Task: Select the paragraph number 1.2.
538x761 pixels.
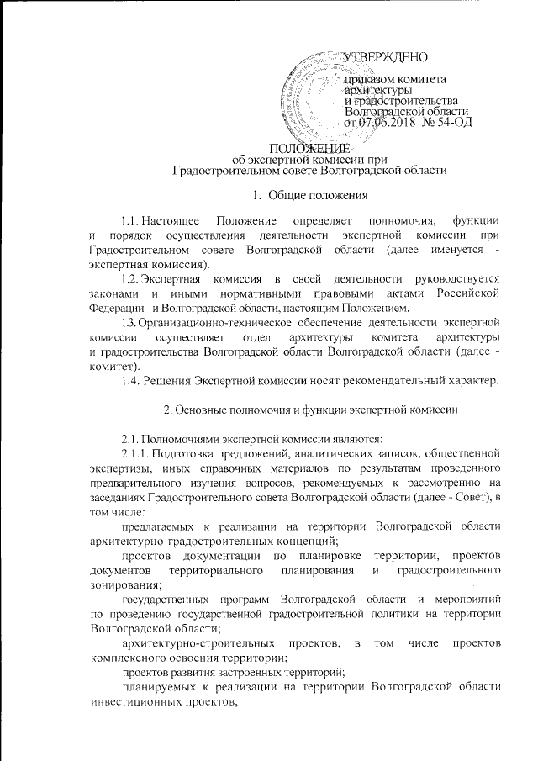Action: coord(130,278)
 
